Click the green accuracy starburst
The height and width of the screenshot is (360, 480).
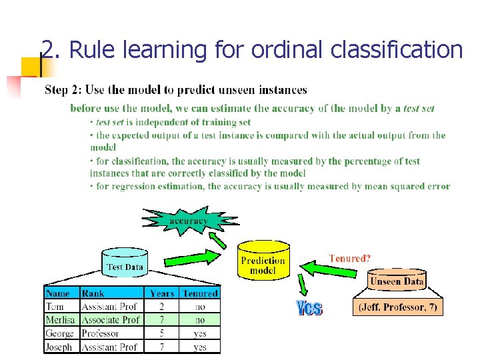[189, 221]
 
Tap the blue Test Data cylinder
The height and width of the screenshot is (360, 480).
[125, 265]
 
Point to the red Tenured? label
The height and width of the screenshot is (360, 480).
[349, 258]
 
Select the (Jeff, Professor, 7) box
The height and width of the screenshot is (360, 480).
[397, 307]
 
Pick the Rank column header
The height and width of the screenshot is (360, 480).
[93, 293]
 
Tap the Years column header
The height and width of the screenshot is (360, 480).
[162, 293]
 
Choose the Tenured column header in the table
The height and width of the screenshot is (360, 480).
[200, 293]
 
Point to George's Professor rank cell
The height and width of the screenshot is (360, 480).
[100, 333]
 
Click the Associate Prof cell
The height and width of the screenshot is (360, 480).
[111, 320]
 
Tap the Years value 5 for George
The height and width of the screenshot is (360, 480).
[162, 333]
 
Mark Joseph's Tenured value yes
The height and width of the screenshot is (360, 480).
[200, 347]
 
